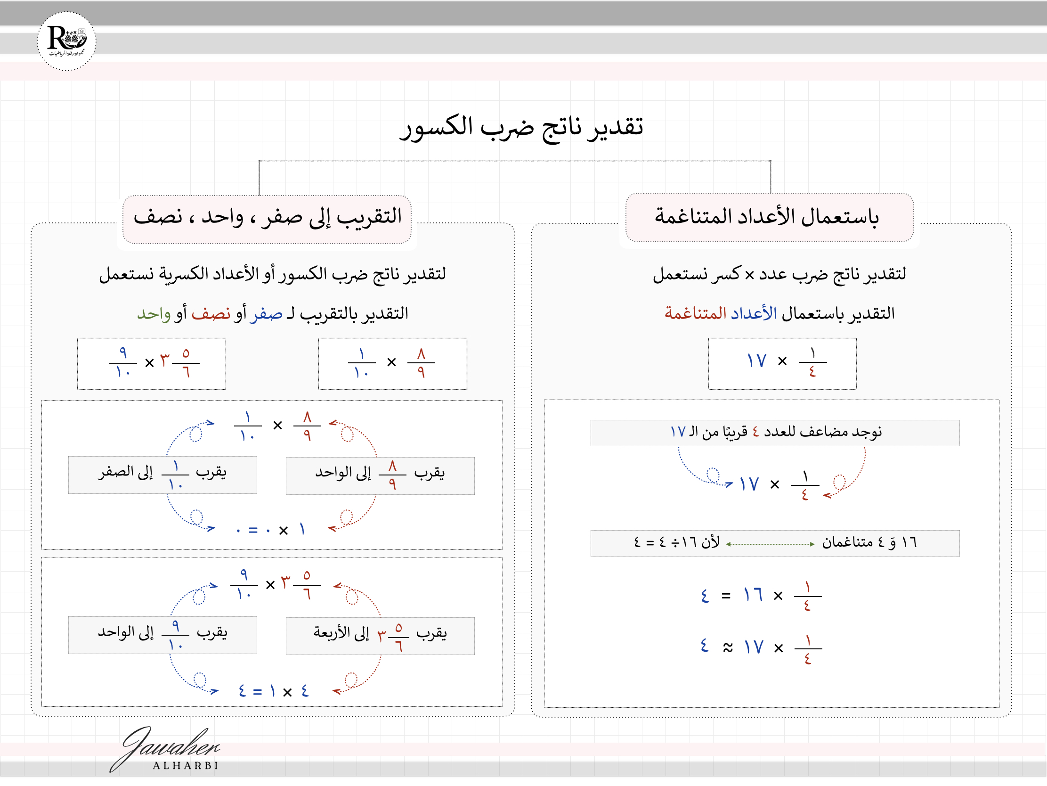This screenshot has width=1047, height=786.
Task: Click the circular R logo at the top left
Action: click(x=66, y=41)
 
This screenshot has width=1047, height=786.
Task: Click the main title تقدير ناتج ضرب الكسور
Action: click(x=521, y=127)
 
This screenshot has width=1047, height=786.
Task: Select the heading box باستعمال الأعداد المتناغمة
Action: click(x=769, y=217)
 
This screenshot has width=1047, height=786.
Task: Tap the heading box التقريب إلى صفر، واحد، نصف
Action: click(x=267, y=218)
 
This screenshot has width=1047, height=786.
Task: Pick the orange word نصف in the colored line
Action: click(x=211, y=314)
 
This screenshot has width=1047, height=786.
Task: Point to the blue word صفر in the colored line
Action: click(x=266, y=314)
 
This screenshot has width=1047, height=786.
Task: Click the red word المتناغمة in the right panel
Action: click(x=695, y=313)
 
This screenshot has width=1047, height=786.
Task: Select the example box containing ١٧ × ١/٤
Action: click(x=782, y=363)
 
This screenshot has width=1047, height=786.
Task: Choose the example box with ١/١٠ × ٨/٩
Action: click(x=392, y=363)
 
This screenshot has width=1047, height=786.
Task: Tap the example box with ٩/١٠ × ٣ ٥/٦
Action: click(x=152, y=363)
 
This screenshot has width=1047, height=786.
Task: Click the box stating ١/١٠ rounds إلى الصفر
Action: click(x=162, y=475)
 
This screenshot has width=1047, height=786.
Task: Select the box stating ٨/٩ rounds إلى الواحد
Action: click(x=380, y=475)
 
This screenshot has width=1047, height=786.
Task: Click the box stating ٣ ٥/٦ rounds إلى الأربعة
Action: click(x=380, y=635)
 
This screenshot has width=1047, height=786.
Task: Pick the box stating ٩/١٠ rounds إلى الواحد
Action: click(x=162, y=634)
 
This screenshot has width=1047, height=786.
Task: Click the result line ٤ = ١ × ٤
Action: click(x=273, y=691)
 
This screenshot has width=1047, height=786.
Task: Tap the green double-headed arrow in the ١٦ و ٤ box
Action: click(x=770, y=544)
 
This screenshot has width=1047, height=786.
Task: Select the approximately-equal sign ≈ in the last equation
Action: click(x=728, y=647)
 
